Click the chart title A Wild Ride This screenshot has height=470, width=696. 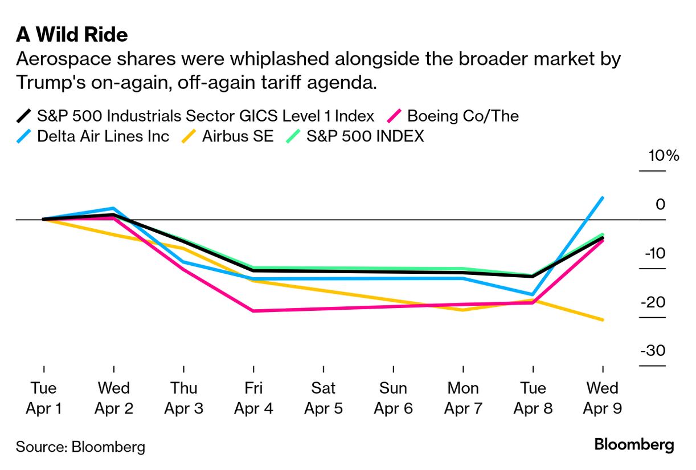pyautogui.click(x=72, y=35)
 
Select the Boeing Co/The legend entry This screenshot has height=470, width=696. pyautogui.click(x=462, y=116)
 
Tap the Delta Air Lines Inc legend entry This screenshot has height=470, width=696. pyautogui.click(x=103, y=136)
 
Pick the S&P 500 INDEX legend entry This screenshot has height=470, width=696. pyautogui.click(x=365, y=136)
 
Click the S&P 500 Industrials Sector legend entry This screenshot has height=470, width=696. pyautogui.click(x=205, y=116)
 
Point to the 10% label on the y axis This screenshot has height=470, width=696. pyautogui.click(x=664, y=156)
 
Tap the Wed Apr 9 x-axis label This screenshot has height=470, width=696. pyautogui.click(x=602, y=398)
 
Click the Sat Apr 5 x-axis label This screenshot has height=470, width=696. pyautogui.click(x=324, y=398)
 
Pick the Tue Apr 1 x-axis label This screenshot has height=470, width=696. pyautogui.click(x=44, y=398)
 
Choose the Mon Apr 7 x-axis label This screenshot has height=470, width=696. pyautogui.click(x=463, y=398)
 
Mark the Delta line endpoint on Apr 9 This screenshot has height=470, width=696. pyautogui.click(x=603, y=198)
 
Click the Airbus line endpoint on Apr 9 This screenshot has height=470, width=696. pyautogui.click(x=603, y=320)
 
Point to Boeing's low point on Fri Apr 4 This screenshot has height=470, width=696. pyautogui.click(x=253, y=311)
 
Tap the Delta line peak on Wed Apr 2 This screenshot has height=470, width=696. pyautogui.click(x=114, y=208)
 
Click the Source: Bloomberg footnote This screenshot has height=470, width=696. pyautogui.click(x=80, y=446)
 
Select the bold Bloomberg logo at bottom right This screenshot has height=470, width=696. pyautogui.click(x=634, y=445)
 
